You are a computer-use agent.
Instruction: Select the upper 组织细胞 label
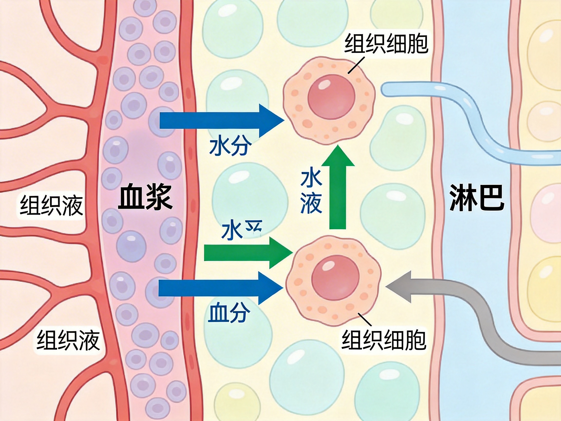click(386, 43)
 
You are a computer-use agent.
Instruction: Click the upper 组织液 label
click(51, 205)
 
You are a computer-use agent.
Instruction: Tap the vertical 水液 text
click(311, 192)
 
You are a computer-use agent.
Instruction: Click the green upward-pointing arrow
click(337, 188)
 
